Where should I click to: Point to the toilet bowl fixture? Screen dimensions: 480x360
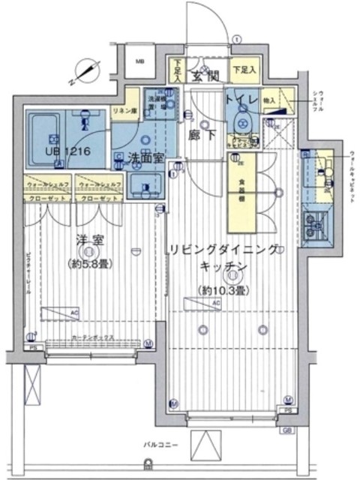242,122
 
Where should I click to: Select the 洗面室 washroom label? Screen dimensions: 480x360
142,157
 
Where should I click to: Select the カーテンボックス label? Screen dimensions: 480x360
90,338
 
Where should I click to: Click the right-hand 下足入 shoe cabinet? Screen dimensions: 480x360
243,70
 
